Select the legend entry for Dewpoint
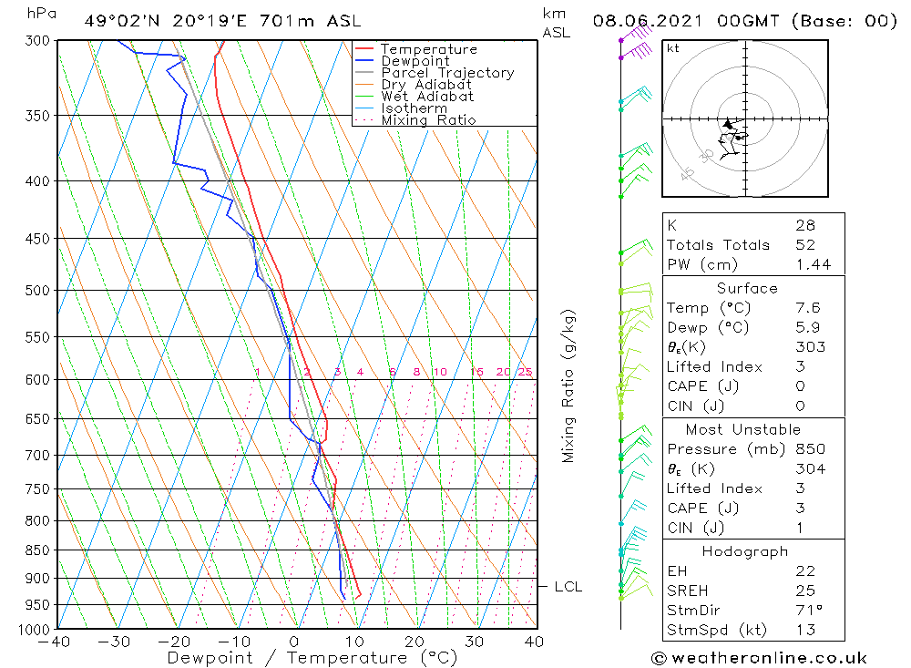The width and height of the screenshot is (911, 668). coord(415,61)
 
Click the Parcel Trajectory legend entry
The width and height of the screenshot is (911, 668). coord(446,73)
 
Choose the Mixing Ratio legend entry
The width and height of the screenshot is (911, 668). coord(428,119)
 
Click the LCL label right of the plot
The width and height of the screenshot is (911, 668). coord(568,587)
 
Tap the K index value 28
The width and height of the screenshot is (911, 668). coord(804,225)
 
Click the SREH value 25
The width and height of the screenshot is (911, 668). coord(804,591)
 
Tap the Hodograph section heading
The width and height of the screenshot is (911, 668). coord(744,551)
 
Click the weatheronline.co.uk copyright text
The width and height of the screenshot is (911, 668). coord(759,657)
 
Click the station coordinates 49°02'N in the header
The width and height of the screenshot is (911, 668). coord(119,21)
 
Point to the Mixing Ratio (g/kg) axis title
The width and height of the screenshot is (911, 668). coord(569,385)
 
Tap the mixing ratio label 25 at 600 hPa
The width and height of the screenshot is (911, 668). coord(525,372)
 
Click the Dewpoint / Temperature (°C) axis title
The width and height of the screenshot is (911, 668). coord(312,657)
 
